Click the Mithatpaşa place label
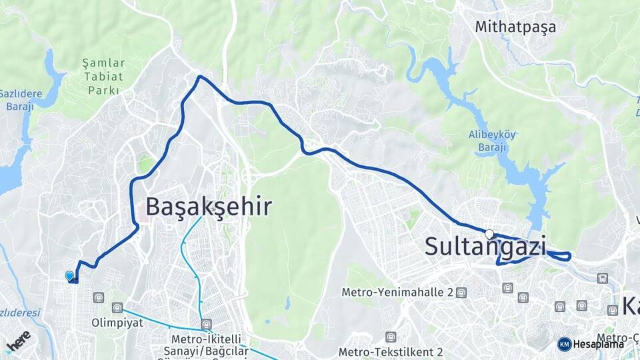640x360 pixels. pyautogui.click(x=515, y=27)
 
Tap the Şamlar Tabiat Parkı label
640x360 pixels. pyautogui.click(x=103, y=76)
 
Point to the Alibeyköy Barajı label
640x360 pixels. pyautogui.click(x=492, y=141)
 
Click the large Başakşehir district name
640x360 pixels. pyautogui.click(x=209, y=207)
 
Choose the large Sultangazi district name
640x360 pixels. pyautogui.click(x=485, y=246)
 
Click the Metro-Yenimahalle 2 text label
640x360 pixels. pyautogui.click(x=397, y=292)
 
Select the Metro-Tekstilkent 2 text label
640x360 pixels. pyautogui.click(x=391, y=351)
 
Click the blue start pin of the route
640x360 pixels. pyautogui.click(x=69, y=275)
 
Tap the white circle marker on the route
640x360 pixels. pyautogui.click(x=490, y=234)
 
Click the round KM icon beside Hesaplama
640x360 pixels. pyautogui.click(x=564, y=344)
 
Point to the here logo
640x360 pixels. pyautogui.click(x=18, y=341)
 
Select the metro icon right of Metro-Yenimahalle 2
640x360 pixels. pyautogui.click(x=461, y=293)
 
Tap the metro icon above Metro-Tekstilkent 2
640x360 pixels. pyautogui.click(x=391, y=337)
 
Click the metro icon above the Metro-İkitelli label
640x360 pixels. pyautogui.click(x=207, y=323)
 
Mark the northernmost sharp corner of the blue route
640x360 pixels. pyautogui.click(x=199, y=77)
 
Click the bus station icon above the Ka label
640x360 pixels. pyautogui.click(x=603, y=279)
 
